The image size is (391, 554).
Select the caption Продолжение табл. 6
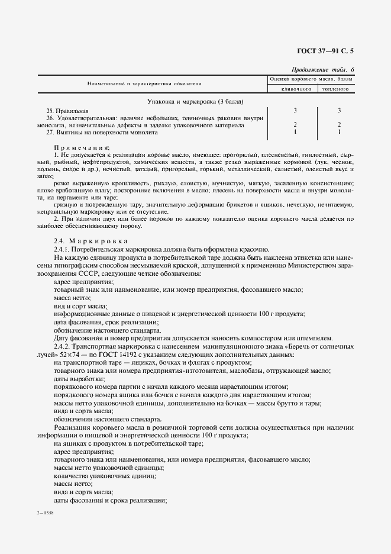click(x=325, y=69)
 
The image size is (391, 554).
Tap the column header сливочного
click(x=291, y=89)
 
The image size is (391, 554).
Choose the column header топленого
click(x=335, y=89)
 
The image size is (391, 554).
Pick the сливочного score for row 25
click(x=295, y=111)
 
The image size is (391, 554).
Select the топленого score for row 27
click(x=339, y=132)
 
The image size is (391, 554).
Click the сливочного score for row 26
click(x=295, y=125)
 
